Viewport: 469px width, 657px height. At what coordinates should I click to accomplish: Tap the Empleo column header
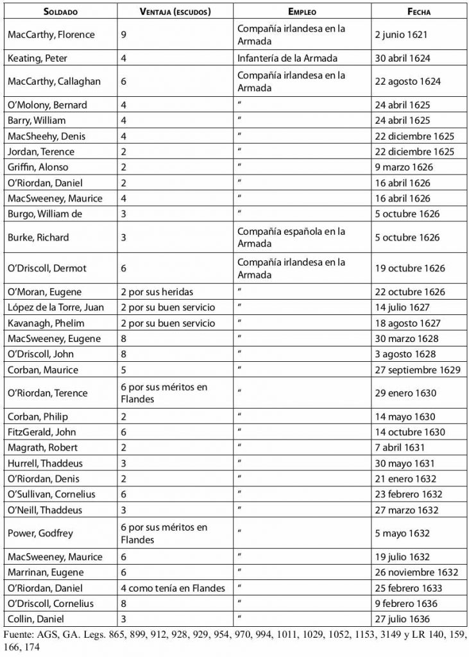click(x=302, y=12)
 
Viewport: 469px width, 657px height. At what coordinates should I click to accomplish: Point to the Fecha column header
click(x=419, y=12)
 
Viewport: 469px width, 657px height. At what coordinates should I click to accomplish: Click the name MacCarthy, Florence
click(x=51, y=35)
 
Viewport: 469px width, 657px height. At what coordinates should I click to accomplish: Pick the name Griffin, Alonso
click(x=37, y=167)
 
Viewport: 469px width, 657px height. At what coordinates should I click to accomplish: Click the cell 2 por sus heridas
click(x=157, y=292)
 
